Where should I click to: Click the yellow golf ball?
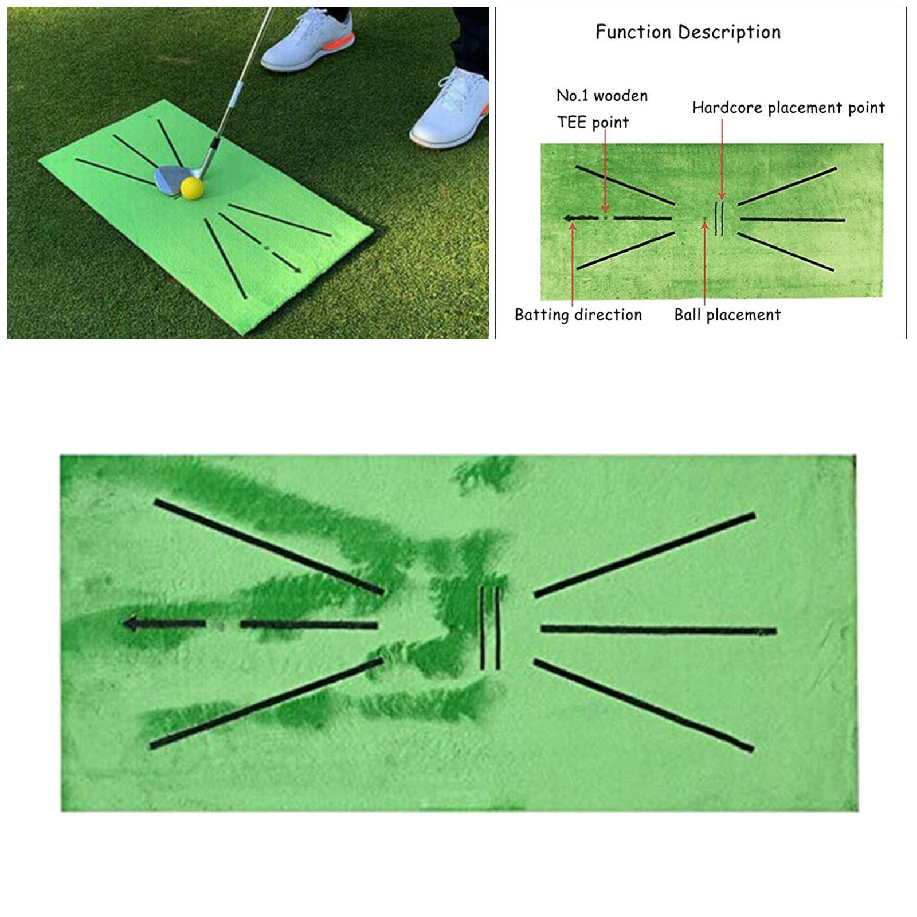click(192, 187)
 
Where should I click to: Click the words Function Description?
click(688, 32)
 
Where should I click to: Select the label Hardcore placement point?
click(788, 108)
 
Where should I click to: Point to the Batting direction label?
click(578, 315)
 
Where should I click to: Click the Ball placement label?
click(727, 315)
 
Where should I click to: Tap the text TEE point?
click(593, 122)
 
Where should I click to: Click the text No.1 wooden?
click(602, 96)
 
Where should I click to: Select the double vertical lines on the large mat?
click(489, 628)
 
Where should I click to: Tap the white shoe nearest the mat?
click(450, 109)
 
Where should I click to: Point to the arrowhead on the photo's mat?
click(297, 269)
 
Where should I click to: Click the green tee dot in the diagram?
click(605, 218)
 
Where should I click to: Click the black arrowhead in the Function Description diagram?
click(567, 218)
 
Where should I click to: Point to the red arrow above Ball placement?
click(705, 264)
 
